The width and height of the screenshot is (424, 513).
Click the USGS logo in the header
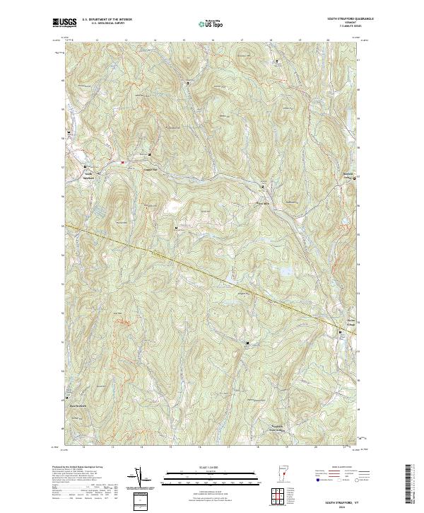[x=64, y=23]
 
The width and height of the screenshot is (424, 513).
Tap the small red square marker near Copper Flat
[x=122, y=162]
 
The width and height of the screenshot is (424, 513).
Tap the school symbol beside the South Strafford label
[x=75, y=167]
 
